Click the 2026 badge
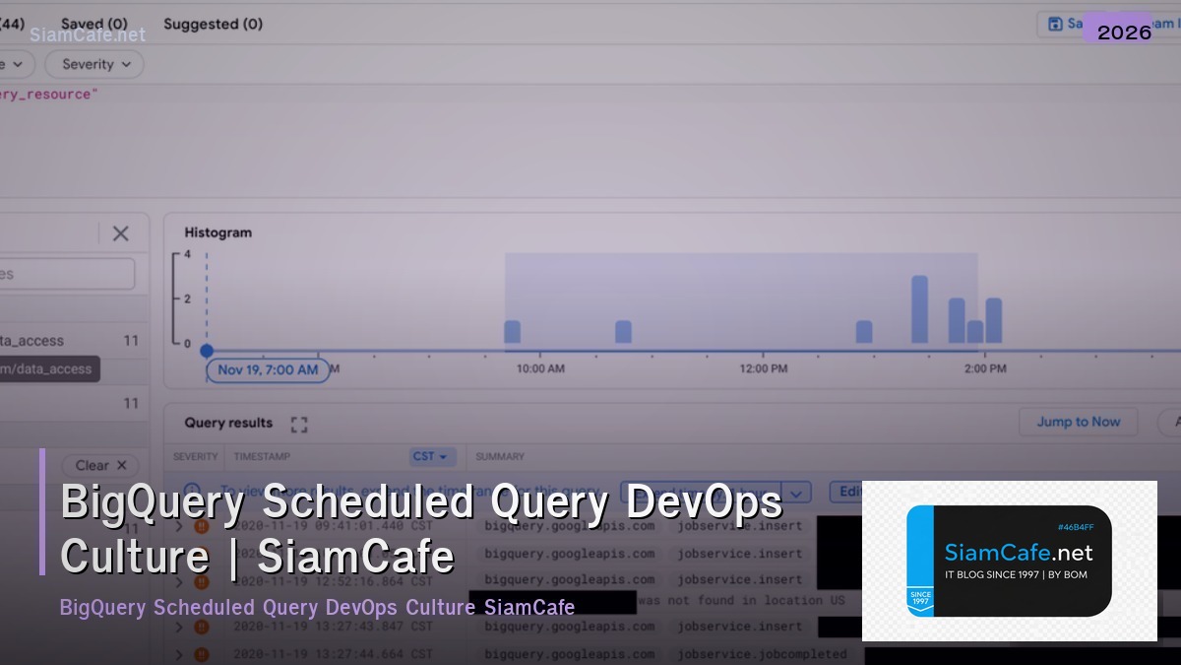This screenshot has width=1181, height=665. coord(1124,33)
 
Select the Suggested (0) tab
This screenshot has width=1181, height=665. coord(213,24)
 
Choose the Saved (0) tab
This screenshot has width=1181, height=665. coord(94,23)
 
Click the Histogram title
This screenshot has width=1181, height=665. coord(218,233)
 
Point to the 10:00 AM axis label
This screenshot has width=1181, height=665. coord(540,368)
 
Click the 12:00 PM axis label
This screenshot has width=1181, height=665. coord(763,368)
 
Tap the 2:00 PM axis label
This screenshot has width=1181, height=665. coord(985,368)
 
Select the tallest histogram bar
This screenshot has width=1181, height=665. coord(920,309)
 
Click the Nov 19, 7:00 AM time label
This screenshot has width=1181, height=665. coord(268,369)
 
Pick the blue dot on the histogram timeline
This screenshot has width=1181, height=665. coord(207,351)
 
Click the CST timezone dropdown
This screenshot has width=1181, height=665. coord(431,456)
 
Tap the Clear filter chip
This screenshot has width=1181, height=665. coord(101,465)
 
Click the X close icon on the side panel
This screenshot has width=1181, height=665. coord(121,233)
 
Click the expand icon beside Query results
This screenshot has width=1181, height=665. coord(299,424)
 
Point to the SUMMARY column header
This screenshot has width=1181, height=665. coord(500,456)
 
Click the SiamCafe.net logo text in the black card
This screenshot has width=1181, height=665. coord(1019,553)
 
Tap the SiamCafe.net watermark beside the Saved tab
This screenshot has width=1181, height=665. coord(88,35)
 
